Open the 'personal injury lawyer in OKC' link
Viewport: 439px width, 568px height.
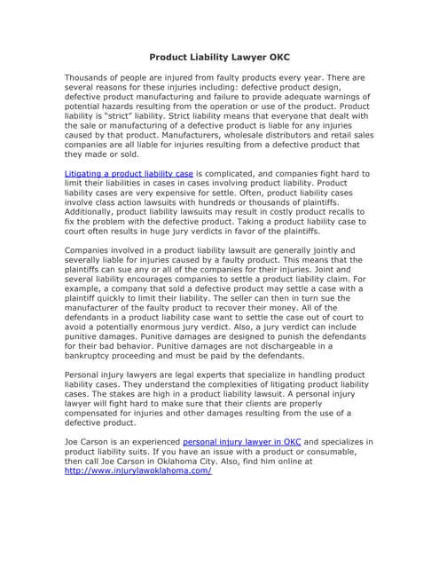click(x=242, y=441)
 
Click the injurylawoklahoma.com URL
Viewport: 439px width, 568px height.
click(x=138, y=470)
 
